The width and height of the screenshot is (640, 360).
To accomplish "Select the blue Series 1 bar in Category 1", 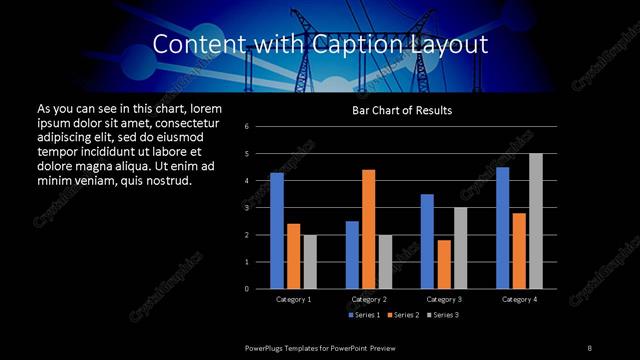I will point(277,230).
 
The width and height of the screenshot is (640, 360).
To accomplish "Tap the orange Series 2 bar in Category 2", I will point(368,229).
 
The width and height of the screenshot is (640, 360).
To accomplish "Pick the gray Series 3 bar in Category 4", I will point(535,221).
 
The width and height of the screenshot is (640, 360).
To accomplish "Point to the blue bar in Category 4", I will point(502,227).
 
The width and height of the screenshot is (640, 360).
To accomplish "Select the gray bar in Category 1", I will point(309,261).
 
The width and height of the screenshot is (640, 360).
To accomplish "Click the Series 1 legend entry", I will point(364,315).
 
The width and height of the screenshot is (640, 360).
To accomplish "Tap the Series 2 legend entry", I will point(400,315).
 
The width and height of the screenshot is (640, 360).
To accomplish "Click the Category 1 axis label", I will point(293,299).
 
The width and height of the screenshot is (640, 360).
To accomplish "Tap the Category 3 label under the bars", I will point(444,299).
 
